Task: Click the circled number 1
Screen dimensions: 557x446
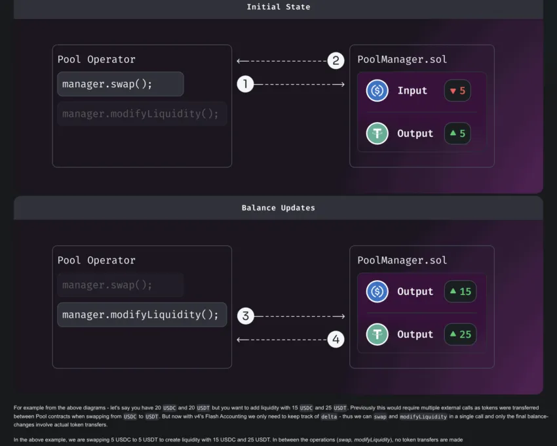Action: coord(245,85)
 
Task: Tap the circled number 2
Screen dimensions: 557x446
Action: coord(336,60)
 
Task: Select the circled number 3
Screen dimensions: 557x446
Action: coord(246,316)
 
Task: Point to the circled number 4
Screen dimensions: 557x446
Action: coord(336,339)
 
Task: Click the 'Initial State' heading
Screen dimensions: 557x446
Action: coord(278,7)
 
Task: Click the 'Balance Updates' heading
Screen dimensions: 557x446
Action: coord(278,208)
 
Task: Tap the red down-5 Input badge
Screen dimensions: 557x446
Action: coord(457,91)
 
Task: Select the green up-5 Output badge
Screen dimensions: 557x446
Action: coord(457,133)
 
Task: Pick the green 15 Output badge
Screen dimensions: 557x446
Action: coord(461,292)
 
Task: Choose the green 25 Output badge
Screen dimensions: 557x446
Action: coord(461,334)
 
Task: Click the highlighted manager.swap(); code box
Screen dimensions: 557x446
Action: coord(121,84)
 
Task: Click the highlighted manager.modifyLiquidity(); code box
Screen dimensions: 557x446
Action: coord(142,315)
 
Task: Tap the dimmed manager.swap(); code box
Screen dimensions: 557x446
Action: coord(121,285)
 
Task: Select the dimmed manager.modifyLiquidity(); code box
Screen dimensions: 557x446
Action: coord(142,114)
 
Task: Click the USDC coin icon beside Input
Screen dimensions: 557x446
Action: coord(377,91)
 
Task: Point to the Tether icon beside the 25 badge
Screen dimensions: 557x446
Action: coord(377,334)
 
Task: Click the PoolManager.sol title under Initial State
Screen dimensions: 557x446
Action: coord(402,60)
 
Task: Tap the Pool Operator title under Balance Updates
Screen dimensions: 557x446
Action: coord(96,260)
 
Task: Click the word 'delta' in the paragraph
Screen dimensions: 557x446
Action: coord(329,416)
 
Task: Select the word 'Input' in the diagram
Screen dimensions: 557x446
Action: coord(412,91)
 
